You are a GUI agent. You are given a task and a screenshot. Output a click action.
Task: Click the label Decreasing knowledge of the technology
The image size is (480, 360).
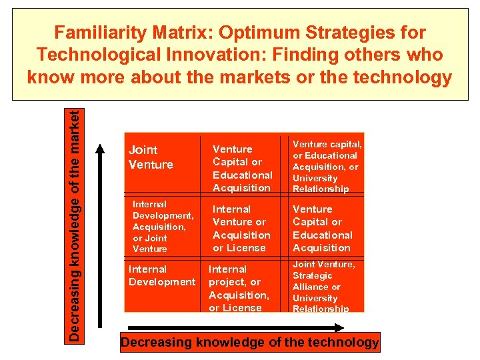click(249, 343)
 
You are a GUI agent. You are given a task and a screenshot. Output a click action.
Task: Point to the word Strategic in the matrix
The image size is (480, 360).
click(312, 275)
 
